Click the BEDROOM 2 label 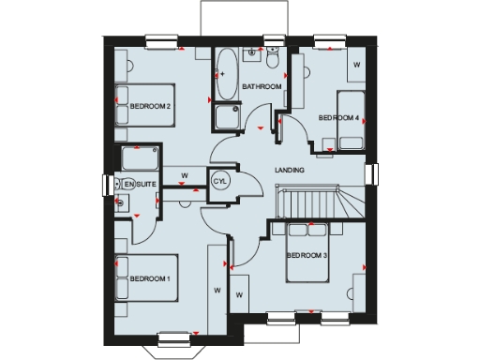click(151, 106)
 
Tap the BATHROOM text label click(262, 87)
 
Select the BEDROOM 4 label click(338, 117)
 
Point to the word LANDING click(288, 170)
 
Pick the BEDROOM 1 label click(151, 278)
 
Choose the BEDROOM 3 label click(306, 256)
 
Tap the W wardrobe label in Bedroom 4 click(356, 65)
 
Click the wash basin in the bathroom click(250, 57)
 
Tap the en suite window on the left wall click(105, 184)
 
